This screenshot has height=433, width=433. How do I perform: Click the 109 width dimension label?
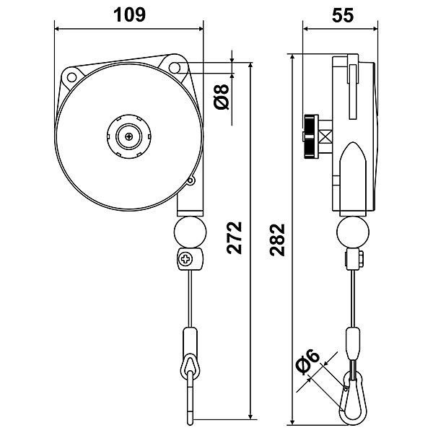[x=129, y=15]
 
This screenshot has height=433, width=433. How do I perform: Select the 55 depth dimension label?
[x=343, y=15]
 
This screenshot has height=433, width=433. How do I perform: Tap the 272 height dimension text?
[x=235, y=237]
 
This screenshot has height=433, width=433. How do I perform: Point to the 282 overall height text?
[x=277, y=240]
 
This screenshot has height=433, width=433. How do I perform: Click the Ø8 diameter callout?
[x=222, y=97]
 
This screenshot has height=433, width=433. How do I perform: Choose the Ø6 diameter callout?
[x=307, y=362]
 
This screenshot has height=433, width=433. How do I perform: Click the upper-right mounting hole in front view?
[x=174, y=67]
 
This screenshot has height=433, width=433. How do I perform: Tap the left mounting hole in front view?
[x=71, y=77]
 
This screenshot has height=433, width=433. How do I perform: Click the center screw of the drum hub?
[x=129, y=136]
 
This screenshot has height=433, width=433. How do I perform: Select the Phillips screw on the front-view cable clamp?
[x=185, y=259]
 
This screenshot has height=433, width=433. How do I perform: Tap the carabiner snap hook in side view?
[x=353, y=397]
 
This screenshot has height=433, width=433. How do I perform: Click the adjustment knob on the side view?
[x=311, y=136]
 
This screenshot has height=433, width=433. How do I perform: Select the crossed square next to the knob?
[x=326, y=136]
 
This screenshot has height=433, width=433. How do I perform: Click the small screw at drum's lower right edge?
[x=191, y=181]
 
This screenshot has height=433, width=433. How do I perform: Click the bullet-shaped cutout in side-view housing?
[x=353, y=177]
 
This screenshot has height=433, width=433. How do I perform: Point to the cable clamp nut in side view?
[x=362, y=259]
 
